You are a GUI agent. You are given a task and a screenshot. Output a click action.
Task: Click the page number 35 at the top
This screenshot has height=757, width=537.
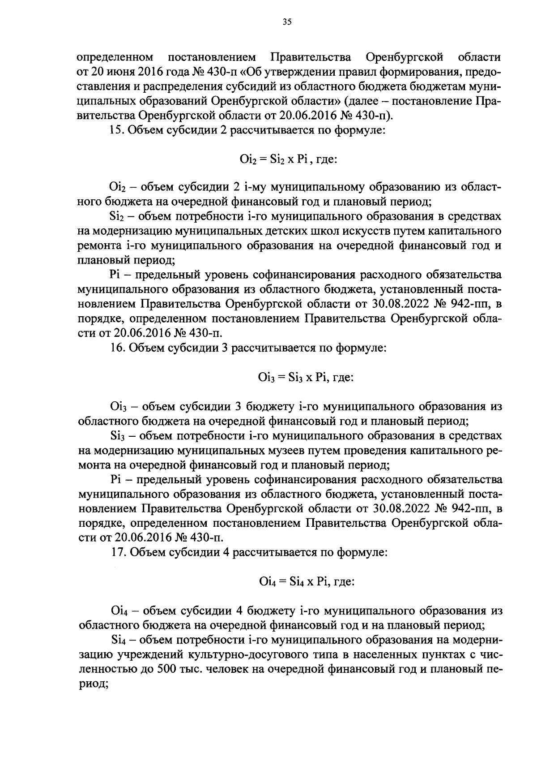(287, 21)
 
